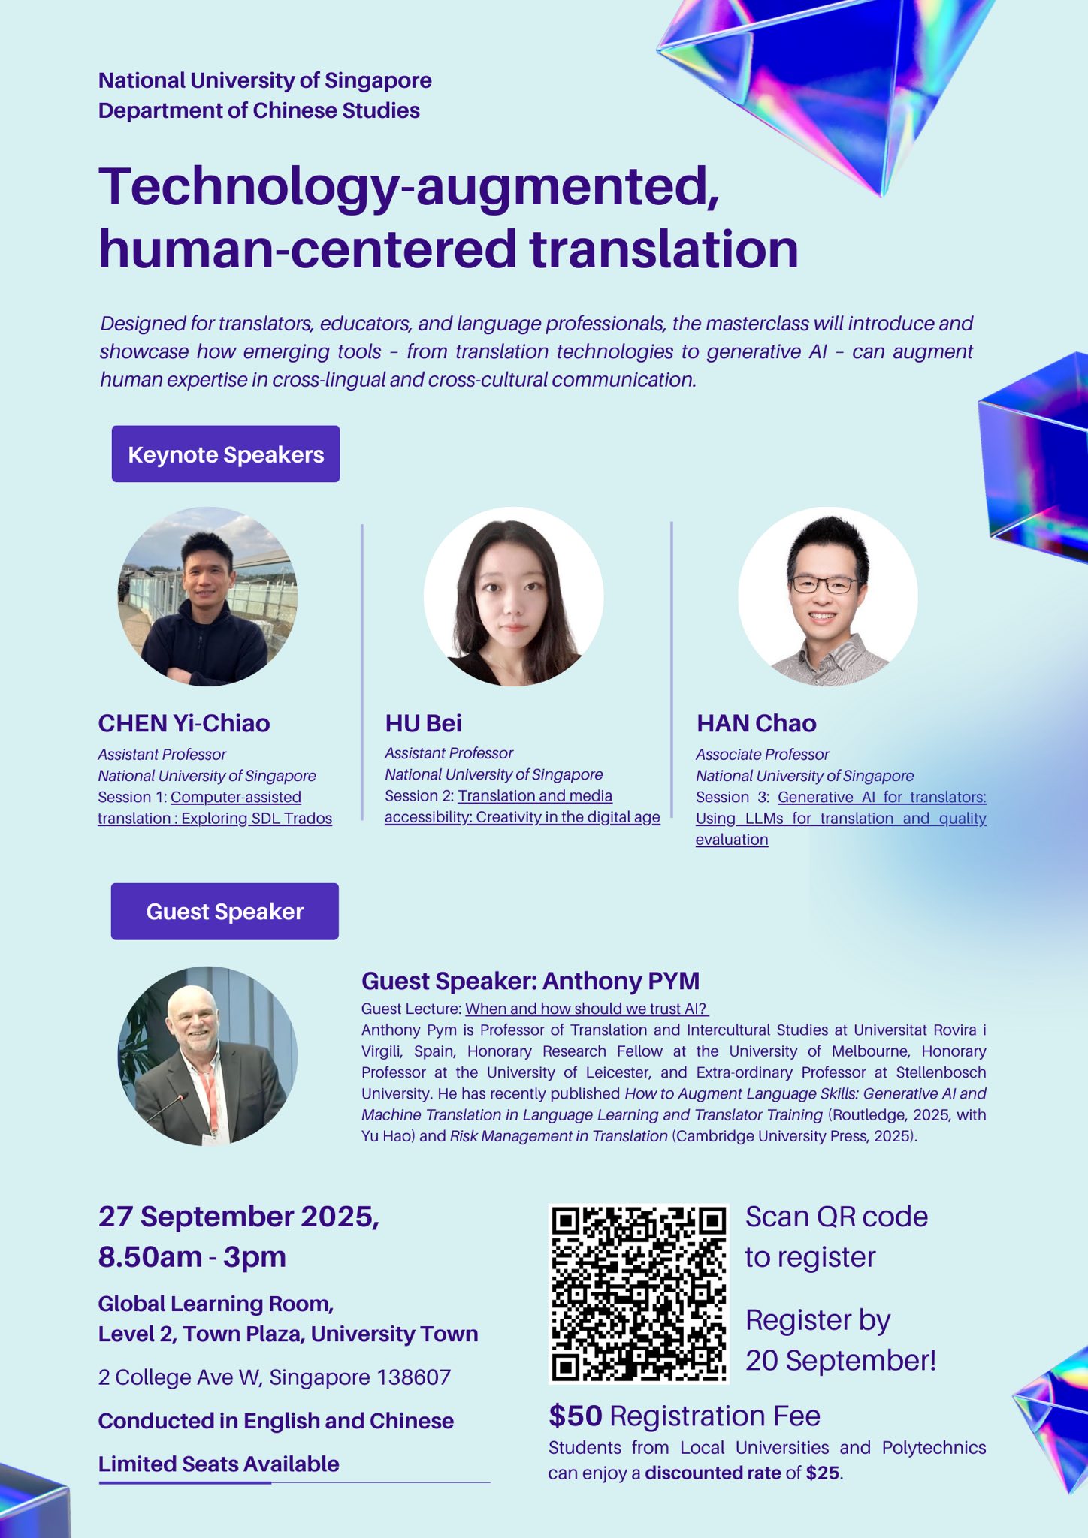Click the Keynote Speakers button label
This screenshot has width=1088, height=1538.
pos(225,454)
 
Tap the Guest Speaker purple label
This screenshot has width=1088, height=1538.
pos(225,911)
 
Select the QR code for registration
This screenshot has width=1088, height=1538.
pos(639,1293)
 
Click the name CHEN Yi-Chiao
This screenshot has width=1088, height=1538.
pos(184,723)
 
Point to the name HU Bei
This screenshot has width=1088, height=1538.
pos(423,723)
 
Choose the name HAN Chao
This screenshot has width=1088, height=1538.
pos(756,723)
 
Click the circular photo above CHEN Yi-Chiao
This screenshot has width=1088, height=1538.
pos(207,596)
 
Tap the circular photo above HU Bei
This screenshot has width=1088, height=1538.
pos(513,596)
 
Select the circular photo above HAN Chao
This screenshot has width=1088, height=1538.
pos(827,596)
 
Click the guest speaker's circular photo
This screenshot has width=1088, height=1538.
pos(207,1055)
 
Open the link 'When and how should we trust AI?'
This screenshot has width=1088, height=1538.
pos(586,1009)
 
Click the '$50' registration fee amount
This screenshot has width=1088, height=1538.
pos(576,1416)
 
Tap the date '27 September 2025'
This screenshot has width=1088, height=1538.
pos(238,1216)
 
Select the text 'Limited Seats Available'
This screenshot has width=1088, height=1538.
pos(219,1464)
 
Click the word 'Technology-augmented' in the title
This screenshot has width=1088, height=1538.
pos(409,186)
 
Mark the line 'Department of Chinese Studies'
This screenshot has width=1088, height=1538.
pos(258,110)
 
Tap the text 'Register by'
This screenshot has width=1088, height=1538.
pos(818,1319)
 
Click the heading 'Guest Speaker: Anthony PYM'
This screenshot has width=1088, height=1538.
pos(530,981)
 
